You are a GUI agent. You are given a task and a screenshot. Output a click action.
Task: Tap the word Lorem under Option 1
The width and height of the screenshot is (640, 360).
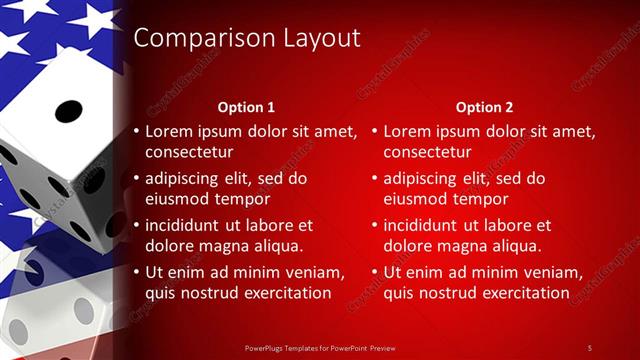pyautogui.click(x=169, y=131)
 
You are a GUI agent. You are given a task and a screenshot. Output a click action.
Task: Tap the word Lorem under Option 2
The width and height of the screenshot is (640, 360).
pyautogui.click(x=407, y=131)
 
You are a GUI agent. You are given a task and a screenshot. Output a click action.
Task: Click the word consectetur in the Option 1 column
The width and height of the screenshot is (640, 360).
pyautogui.click(x=189, y=152)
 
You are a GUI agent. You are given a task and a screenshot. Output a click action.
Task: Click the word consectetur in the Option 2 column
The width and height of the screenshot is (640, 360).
pyautogui.click(x=427, y=152)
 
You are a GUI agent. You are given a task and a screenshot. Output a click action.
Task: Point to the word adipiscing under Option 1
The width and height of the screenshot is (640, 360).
pyautogui.click(x=186, y=179)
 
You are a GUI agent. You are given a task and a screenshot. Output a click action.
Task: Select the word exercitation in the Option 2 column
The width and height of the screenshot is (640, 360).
pyautogui.click(x=520, y=293)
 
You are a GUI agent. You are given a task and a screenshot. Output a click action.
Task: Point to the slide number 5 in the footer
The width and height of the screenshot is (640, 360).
pyautogui.click(x=589, y=347)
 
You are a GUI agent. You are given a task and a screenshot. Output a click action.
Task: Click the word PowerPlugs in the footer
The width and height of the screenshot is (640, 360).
pyautogui.click(x=265, y=347)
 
